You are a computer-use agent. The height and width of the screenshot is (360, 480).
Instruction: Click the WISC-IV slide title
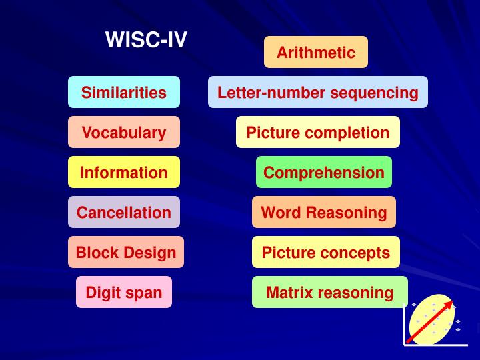coord(146,41)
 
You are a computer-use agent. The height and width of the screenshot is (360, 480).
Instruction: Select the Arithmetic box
coord(316,52)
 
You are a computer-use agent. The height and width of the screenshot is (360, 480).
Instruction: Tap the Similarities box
coord(124,92)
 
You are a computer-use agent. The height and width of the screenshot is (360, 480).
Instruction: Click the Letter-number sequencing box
coord(318,92)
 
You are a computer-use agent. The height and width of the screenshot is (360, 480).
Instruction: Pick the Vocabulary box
coord(124,132)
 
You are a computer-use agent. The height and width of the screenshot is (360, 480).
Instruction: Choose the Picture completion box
coord(318,132)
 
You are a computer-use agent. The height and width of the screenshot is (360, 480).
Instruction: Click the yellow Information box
coord(124,172)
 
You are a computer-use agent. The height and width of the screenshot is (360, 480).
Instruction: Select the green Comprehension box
coord(324,172)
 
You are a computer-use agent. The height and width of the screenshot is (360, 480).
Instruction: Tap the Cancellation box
coord(124,212)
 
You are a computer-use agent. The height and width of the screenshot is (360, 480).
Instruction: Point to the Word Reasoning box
coord(324,212)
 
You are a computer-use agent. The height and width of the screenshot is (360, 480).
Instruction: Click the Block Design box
coord(126,252)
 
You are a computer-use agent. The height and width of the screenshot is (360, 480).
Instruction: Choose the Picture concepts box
coord(326,252)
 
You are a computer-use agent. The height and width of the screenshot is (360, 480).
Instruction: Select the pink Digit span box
coord(124,292)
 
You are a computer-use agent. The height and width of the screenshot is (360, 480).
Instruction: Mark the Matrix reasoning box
coord(330,292)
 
